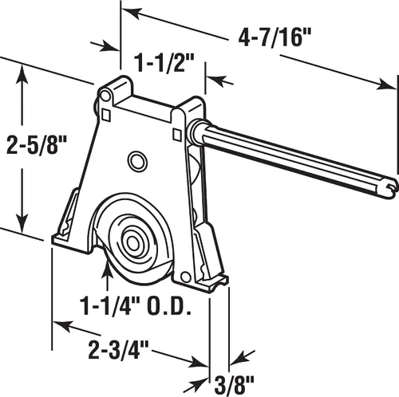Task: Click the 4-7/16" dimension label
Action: tap(275, 37)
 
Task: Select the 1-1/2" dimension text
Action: tap(164, 63)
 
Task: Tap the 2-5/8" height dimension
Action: tap(36, 144)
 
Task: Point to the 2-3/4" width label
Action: tap(118, 349)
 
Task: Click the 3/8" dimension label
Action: tap(234, 384)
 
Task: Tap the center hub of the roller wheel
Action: tap(132, 242)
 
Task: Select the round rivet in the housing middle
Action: tap(137, 161)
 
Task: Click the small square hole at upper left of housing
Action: tap(106, 116)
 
